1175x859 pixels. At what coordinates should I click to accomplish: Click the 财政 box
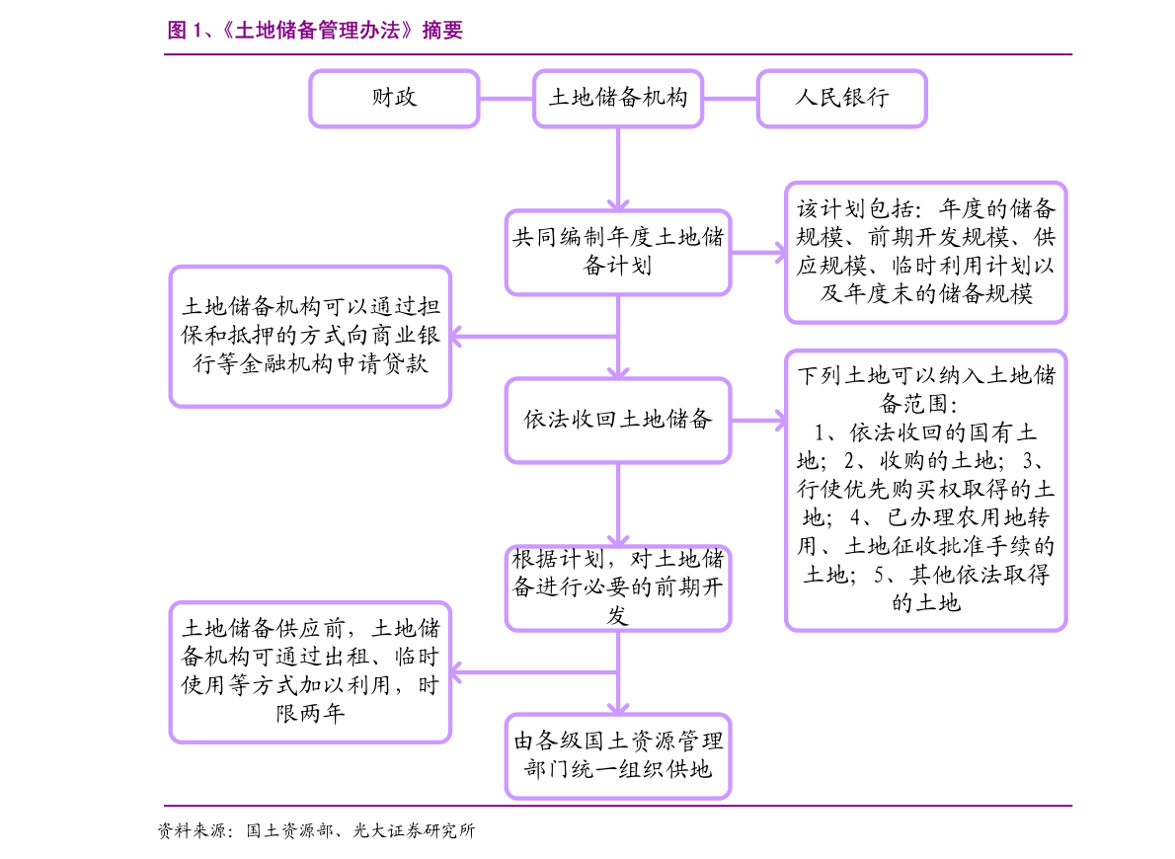[x=394, y=98]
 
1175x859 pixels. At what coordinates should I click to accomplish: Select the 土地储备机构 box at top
[x=618, y=98]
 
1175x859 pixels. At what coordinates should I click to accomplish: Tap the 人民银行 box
[x=841, y=98]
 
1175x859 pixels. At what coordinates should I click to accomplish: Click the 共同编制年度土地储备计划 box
[x=618, y=252]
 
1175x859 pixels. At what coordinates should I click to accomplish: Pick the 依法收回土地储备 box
[x=618, y=420]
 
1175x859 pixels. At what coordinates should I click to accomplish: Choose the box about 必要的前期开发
[x=618, y=587]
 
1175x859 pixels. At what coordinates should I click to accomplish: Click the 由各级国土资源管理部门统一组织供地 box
[x=618, y=755]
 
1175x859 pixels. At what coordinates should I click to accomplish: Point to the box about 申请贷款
[x=310, y=336]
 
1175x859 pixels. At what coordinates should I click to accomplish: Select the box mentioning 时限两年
[x=310, y=671]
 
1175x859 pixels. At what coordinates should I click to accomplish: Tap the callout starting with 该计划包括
[x=925, y=252]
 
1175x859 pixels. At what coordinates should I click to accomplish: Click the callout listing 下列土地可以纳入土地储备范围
[x=925, y=490]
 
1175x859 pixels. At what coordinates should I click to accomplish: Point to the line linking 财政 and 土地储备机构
[x=506, y=98]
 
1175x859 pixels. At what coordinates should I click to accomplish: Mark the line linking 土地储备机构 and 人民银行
[x=731, y=98]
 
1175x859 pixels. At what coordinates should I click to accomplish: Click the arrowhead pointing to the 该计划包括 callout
[x=774, y=252]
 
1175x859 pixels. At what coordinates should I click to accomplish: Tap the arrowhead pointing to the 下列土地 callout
[x=774, y=420]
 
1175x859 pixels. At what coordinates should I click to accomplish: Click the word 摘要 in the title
[x=442, y=31]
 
